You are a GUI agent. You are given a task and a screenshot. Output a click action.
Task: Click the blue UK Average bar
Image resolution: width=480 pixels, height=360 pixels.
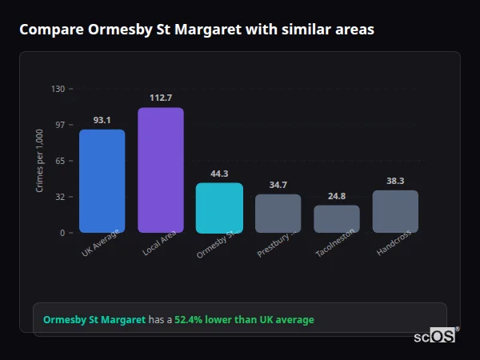click(x=102, y=181)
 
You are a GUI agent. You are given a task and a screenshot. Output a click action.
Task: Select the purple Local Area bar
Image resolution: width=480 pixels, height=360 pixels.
click(x=160, y=170)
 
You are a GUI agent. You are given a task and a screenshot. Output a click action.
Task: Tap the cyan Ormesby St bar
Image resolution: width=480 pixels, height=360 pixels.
click(x=219, y=208)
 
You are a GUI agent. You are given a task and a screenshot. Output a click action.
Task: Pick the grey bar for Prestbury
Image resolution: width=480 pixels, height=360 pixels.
click(x=278, y=214)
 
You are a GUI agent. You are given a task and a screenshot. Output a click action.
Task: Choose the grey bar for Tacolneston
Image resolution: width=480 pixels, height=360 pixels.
click(x=336, y=219)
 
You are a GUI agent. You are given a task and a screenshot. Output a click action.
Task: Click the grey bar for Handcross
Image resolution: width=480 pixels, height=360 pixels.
click(x=395, y=211)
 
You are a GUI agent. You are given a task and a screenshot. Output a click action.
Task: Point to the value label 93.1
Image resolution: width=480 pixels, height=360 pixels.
click(x=102, y=120)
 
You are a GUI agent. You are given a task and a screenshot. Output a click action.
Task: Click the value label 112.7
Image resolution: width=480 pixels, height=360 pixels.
click(x=161, y=98)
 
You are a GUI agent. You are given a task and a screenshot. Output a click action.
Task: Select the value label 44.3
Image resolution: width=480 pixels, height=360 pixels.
click(x=219, y=174)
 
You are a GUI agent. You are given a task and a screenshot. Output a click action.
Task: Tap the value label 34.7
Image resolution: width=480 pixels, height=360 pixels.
click(x=278, y=185)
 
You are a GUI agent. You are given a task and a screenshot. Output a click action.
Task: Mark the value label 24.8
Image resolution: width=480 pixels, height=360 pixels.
click(x=336, y=196)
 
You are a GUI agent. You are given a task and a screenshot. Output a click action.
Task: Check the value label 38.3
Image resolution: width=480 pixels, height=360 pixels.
click(x=395, y=181)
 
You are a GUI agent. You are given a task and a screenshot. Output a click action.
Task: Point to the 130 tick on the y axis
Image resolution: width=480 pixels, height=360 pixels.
click(x=58, y=89)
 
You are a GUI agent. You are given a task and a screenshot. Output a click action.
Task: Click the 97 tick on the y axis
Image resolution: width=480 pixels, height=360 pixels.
click(x=59, y=125)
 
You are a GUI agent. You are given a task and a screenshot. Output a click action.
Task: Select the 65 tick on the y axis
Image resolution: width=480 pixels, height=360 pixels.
click(x=59, y=161)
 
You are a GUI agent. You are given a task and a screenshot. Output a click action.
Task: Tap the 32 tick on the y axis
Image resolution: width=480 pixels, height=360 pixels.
click(x=59, y=197)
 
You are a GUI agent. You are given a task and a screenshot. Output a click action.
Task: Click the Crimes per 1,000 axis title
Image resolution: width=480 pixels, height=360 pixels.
click(x=39, y=160)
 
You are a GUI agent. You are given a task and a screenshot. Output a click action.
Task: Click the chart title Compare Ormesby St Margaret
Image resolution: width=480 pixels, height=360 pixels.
click(x=196, y=30)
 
